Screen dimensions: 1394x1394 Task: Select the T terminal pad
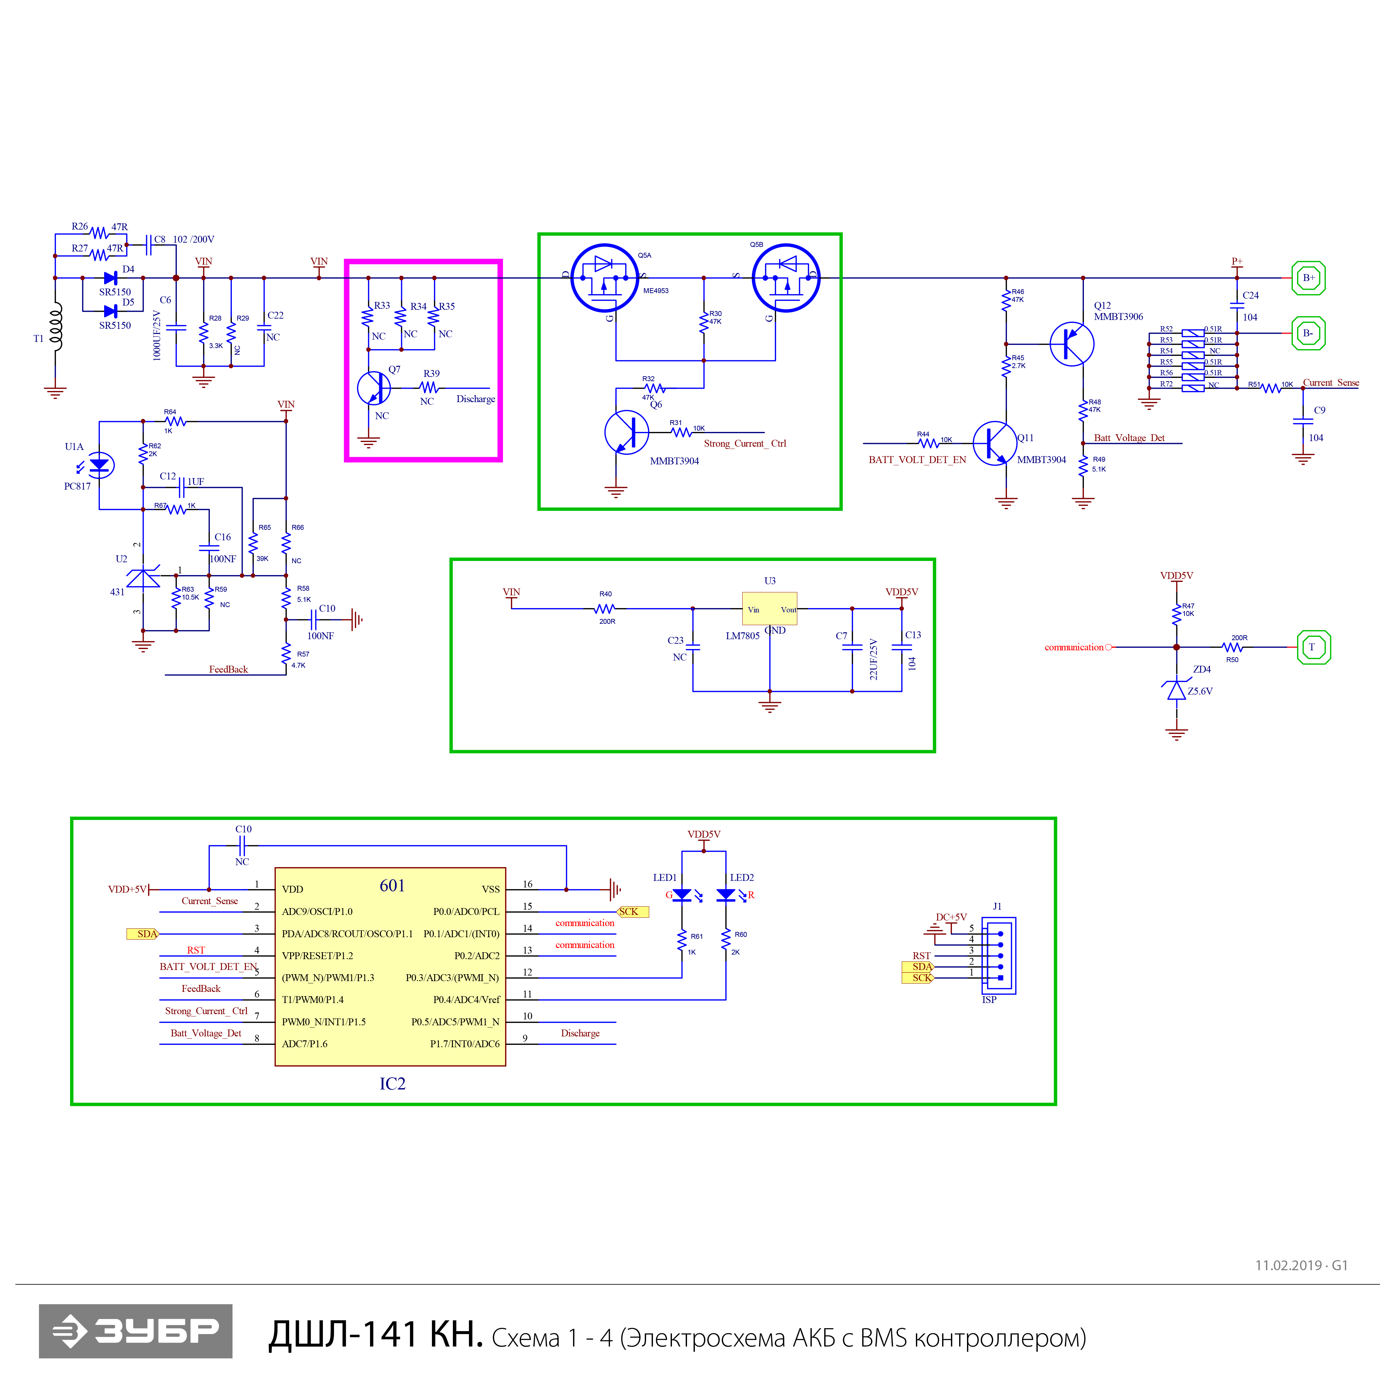point(1313,647)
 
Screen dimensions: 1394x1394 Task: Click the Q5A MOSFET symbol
point(604,278)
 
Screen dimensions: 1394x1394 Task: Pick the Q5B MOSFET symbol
point(786,278)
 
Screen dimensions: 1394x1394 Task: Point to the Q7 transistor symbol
point(374,388)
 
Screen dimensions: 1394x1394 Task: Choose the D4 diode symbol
point(110,278)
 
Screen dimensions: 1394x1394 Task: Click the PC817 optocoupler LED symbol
point(99,465)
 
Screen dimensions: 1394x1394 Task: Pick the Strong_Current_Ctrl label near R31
point(745,443)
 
